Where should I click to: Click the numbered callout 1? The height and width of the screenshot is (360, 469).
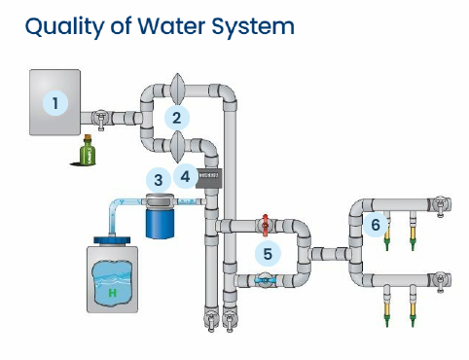pos(56,102)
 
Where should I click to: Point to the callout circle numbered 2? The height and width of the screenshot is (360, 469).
pos(176,119)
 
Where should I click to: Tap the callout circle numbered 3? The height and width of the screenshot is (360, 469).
pos(158,179)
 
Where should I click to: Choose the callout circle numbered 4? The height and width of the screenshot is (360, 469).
pos(186,177)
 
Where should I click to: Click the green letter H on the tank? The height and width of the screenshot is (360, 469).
pos(113,292)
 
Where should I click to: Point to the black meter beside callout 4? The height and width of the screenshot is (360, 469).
pos(211,177)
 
